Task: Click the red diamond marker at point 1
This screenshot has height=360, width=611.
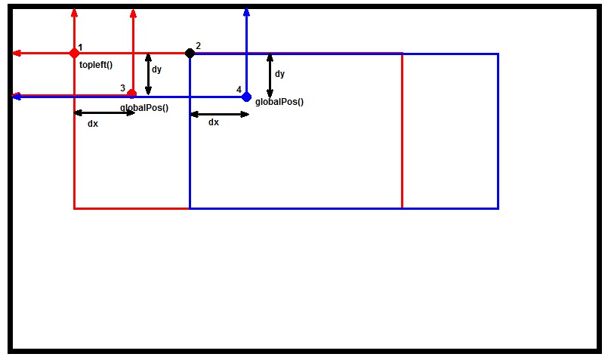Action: tap(74, 53)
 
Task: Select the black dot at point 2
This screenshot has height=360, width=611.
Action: tap(190, 53)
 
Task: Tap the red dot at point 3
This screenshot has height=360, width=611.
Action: tap(132, 94)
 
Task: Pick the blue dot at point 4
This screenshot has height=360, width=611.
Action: tap(246, 97)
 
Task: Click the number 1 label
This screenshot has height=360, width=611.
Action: tap(80, 47)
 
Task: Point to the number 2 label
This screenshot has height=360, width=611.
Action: tap(198, 46)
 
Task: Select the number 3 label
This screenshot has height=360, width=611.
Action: tap(122, 88)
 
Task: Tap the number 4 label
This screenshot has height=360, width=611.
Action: tap(239, 90)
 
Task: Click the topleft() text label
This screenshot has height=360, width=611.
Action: tap(96, 65)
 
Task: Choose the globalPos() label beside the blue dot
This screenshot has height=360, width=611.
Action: tap(279, 101)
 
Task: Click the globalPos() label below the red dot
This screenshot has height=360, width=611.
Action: tap(144, 108)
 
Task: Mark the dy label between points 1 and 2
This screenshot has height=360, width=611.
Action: tap(156, 69)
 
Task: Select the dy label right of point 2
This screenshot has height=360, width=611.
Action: tap(279, 74)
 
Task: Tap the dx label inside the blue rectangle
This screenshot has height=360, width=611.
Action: tap(214, 122)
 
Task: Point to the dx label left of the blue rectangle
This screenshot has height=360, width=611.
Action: tap(93, 123)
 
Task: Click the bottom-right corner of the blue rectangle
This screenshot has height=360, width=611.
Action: tap(498, 208)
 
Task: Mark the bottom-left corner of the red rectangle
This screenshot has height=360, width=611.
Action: tap(74, 208)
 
